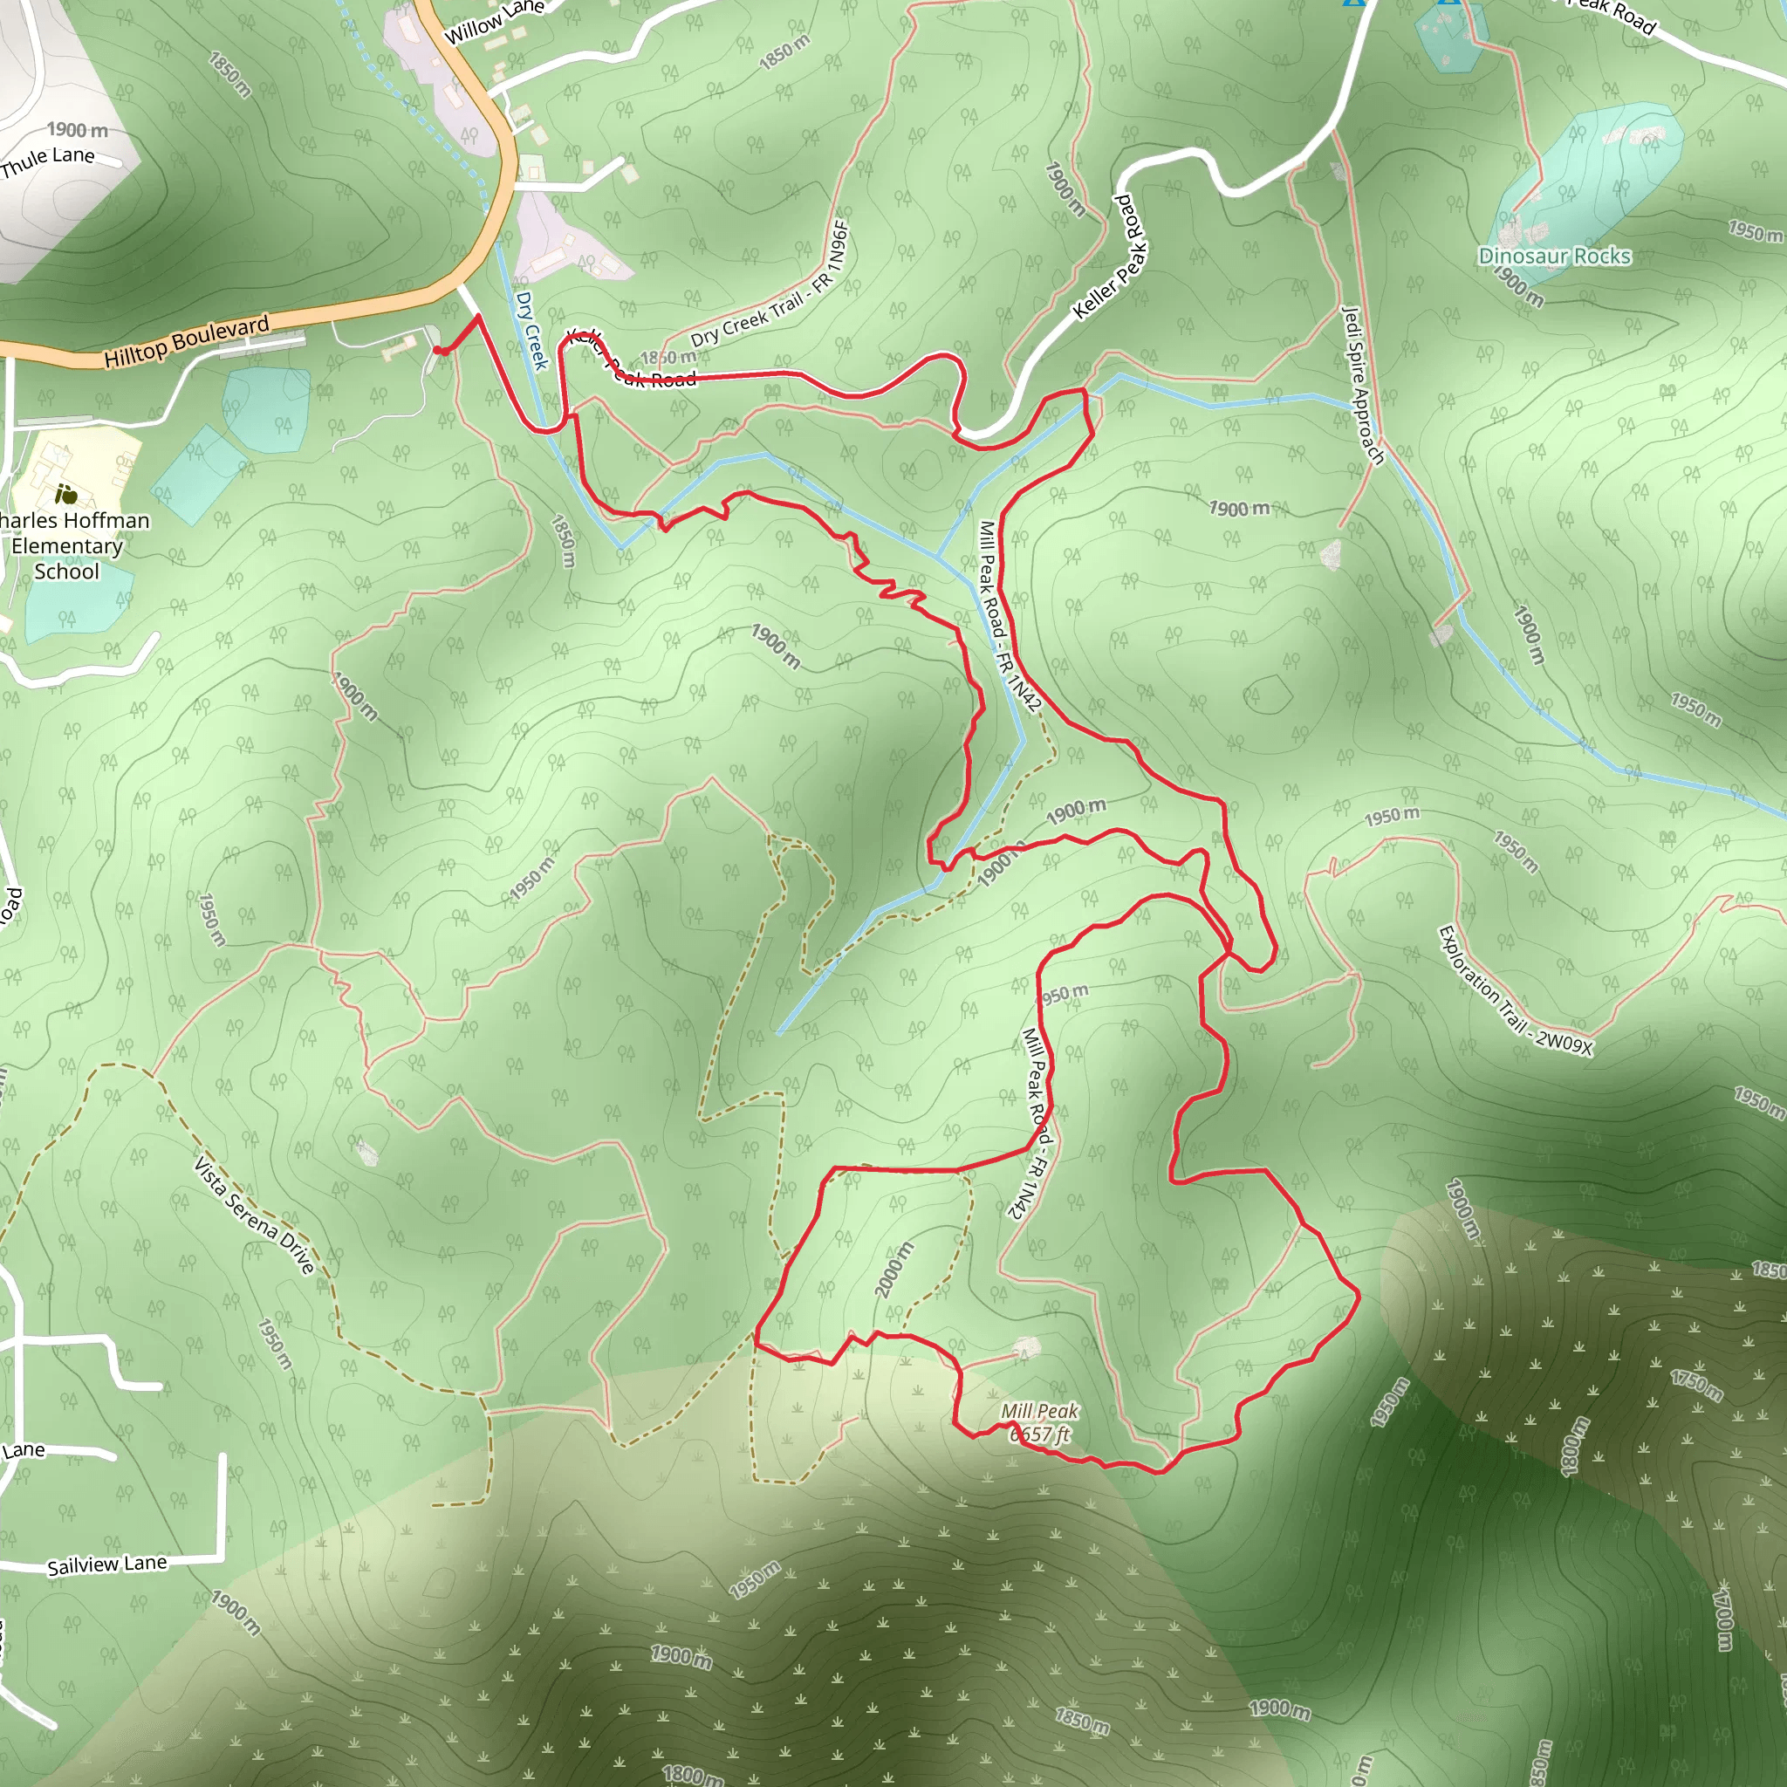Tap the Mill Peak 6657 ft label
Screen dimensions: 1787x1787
[1039, 1422]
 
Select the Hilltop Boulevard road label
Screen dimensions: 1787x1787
[186, 340]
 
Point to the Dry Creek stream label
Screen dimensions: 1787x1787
[531, 330]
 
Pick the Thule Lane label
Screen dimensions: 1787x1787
[48, 161]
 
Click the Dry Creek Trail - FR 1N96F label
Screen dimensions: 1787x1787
[770, 284]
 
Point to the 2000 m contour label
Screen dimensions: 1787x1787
[893, 1269]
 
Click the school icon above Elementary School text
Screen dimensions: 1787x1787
[65, 493]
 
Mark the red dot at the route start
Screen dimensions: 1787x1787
[442, 351]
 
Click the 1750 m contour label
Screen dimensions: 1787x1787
[1696, 1386]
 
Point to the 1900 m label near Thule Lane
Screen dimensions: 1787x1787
[78, 130]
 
